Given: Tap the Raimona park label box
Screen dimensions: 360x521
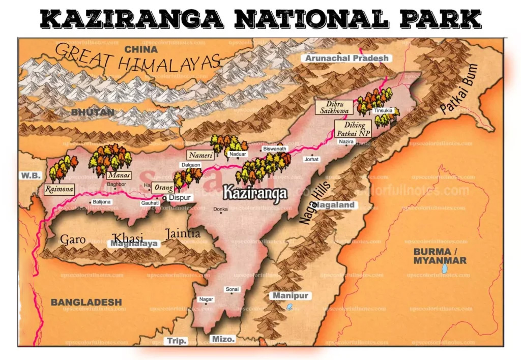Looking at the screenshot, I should [60, 189].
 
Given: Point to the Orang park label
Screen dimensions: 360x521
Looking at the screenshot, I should [160, 187].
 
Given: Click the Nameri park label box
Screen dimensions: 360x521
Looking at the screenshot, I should [199, 155].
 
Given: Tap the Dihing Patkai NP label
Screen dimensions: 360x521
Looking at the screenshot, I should [353, 128].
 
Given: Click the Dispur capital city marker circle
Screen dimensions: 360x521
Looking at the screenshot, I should [165, 198].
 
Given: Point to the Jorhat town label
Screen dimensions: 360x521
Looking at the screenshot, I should [311, 159].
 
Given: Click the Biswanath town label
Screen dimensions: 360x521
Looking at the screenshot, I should [275, 148].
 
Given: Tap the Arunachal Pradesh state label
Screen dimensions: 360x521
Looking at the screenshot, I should [346, 58].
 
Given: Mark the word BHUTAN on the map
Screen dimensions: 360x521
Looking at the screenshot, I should [92, 111].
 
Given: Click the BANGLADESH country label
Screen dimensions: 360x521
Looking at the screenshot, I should [86, 302].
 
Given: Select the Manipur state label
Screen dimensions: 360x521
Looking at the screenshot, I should [291, 295].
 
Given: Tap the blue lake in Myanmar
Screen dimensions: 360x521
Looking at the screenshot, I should [445, 267].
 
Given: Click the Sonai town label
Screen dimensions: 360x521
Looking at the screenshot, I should [233, 289].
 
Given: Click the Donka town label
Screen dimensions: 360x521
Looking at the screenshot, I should [220, 209].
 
